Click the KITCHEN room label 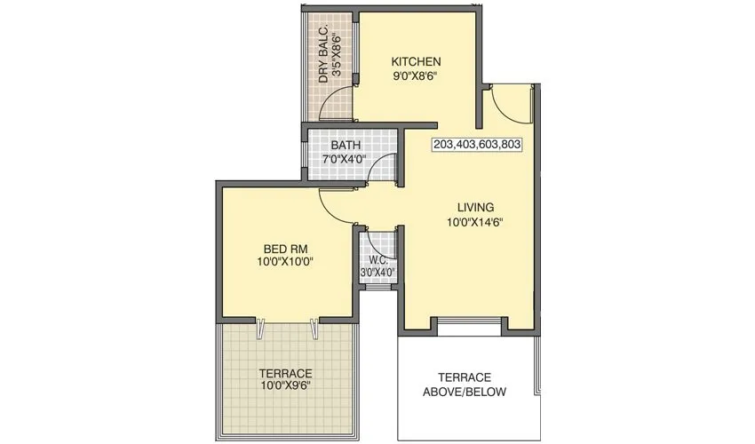(x=417, y=61)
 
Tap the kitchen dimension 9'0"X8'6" (x=417, y=76)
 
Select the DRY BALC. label (x=324, y=56)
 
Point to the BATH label (x=345, y=145)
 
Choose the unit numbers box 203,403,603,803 (x=477, y=144)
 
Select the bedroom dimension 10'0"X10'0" (x=284, y=262)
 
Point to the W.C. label (x=377, y=260)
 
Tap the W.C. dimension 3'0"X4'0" (x=377, y=273)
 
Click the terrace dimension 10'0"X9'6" (x=284, y=388)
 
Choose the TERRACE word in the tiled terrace (x=285, y=373)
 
